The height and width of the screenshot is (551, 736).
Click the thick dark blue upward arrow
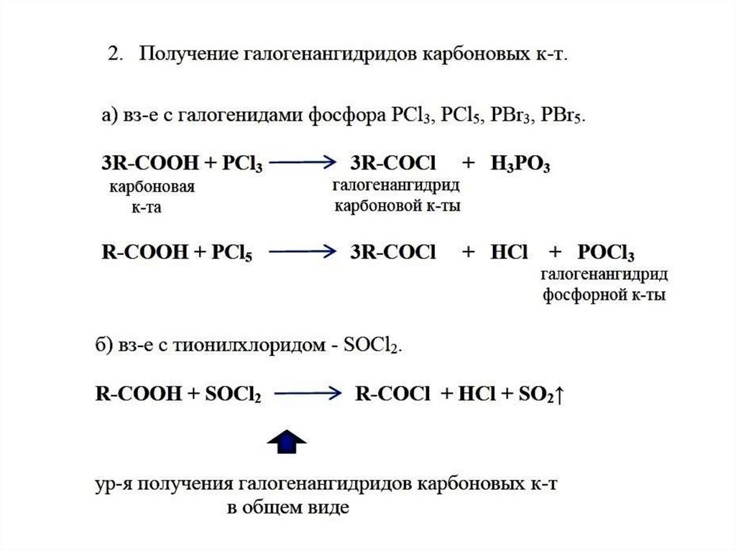click(287, 442)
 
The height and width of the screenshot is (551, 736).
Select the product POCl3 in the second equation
click(605, 252)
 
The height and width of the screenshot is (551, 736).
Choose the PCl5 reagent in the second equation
click(233, 252)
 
